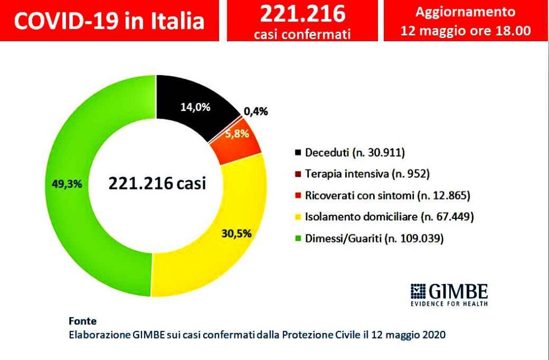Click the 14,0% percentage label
coord(194,107)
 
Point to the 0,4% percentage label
coord(256,112)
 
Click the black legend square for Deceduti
coord(298,153)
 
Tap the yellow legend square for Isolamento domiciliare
coord(298,217)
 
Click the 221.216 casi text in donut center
coord(157,183)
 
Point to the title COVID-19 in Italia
coord(109,21)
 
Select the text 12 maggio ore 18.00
coord(466,31)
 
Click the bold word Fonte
coord(83,321)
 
